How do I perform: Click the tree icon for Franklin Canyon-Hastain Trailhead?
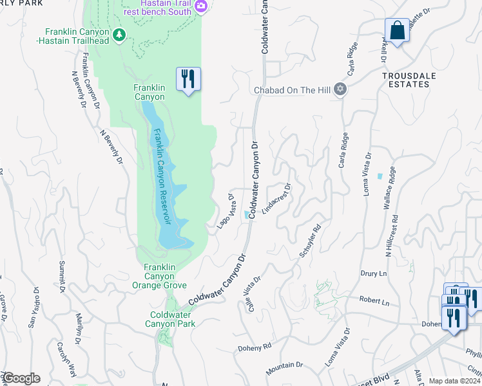[118, 35]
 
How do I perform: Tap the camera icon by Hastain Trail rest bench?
[201, 7]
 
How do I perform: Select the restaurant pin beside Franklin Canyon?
[188, 79]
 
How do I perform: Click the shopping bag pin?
[397, 30]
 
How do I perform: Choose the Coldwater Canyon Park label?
[172, 319]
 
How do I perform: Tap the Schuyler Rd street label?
[310, 242]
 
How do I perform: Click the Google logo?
[21, 378]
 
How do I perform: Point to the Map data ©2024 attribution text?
[454, 381]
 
